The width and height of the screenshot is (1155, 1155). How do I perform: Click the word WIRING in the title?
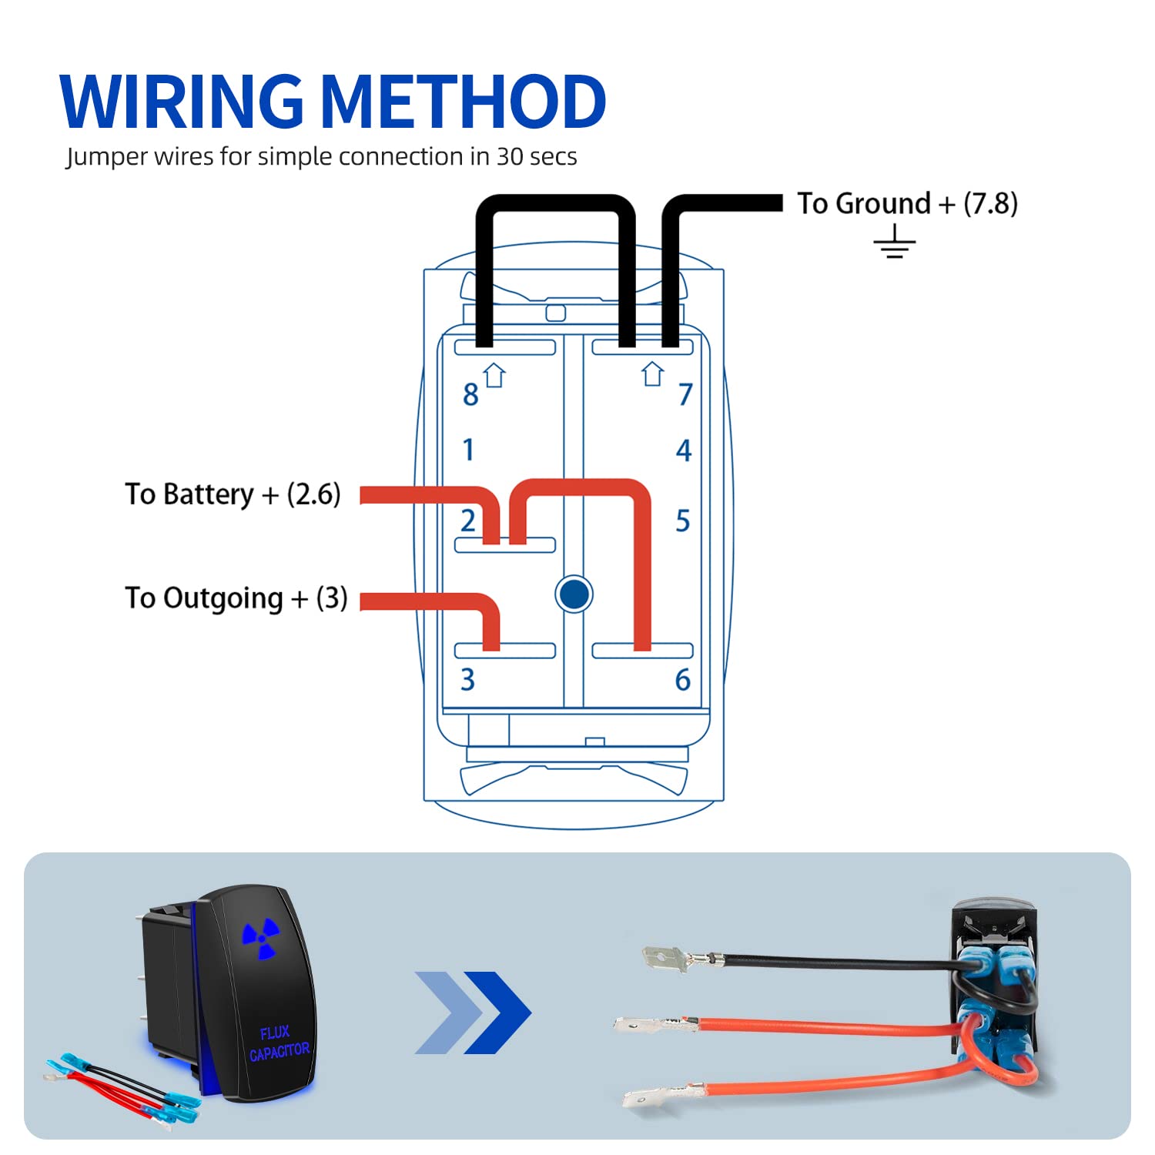(x=182, y=102)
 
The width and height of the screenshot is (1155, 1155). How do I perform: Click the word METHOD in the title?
(x=463, y=102)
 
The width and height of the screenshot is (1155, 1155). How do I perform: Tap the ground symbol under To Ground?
(x=894, y=242)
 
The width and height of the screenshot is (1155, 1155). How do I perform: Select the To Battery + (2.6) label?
(x=233, y=494)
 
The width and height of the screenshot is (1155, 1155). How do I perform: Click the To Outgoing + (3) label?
(x=236, y=598)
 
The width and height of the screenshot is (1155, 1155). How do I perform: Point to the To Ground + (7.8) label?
(x=907, y=204)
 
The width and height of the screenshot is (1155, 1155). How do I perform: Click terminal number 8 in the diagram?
(x=470, y=395)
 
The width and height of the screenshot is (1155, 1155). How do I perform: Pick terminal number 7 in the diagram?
(x=685, y=395)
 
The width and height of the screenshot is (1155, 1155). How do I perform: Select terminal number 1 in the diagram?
(x=468, y=450)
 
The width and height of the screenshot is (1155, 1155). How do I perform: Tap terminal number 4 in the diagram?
(x=684, y=450)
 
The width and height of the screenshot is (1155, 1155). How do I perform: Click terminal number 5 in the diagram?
(x=683, y=521)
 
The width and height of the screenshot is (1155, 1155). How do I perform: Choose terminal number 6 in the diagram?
(x=683, y=680)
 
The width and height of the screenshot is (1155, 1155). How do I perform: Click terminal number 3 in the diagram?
(x=467, y=680)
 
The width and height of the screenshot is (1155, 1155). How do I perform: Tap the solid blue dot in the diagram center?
(x=574, y=594)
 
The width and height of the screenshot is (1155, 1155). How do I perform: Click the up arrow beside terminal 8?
(x=495, y=375)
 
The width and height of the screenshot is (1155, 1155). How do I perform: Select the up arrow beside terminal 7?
(x=653, y=373)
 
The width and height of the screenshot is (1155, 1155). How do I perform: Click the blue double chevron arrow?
(x=472, y=1013)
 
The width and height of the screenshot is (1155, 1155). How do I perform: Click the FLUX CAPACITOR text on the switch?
(x=278, y=1042)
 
